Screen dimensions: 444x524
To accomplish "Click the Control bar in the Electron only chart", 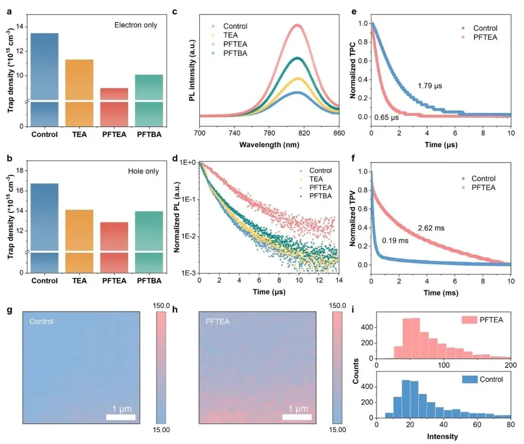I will pos(45,78).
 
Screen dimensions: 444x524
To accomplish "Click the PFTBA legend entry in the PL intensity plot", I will pos(235,53).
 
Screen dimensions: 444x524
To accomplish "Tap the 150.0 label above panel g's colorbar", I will pos(162,307).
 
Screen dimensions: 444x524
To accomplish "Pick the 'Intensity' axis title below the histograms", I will pos(443,436).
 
